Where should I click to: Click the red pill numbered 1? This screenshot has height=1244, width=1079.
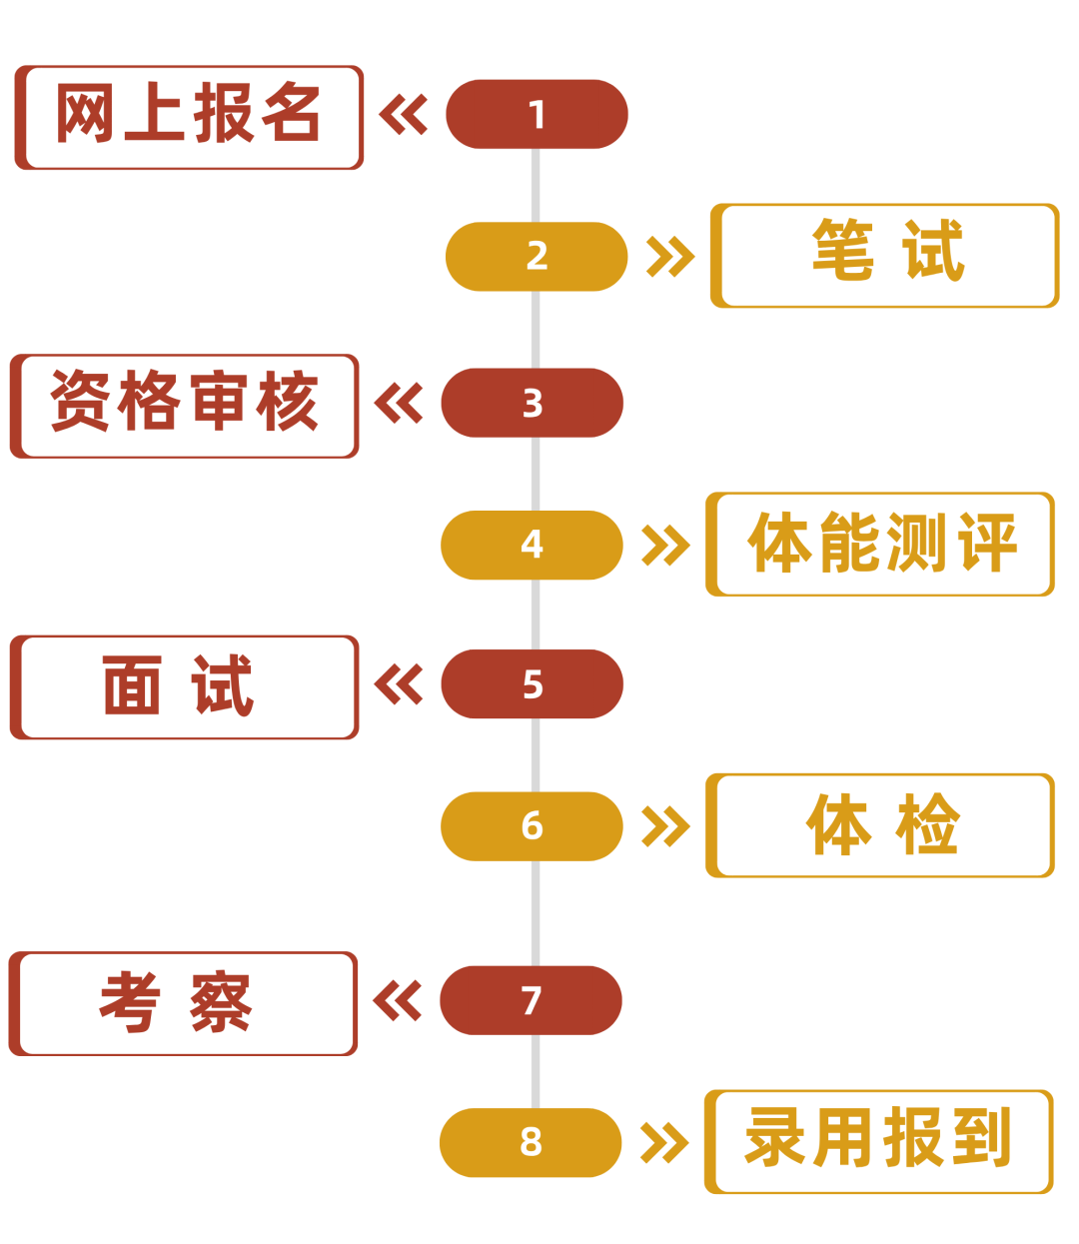point(537,115)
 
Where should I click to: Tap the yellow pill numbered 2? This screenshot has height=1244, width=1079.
point(537,256)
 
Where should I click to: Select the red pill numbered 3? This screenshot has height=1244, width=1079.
point(533,403)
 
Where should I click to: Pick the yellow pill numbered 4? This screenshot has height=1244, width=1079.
point(533,545)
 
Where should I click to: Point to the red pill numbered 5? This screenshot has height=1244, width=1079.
point(533,684)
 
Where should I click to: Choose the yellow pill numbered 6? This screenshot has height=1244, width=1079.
point(533,826)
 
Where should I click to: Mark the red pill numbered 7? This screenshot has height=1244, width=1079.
point(532,1000)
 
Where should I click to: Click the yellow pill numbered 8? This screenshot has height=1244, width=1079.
point(532,1142)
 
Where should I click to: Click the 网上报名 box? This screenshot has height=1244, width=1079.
point(189,117)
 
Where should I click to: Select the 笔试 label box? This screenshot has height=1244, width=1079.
point(884,256)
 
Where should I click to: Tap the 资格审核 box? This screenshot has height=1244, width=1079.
point(185,406)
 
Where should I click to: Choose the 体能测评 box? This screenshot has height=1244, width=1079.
point(880,545)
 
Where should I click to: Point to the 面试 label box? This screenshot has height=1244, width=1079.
point(185,687)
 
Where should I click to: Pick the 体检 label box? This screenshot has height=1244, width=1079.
point(880,826)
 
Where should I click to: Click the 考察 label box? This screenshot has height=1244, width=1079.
point(184,1003)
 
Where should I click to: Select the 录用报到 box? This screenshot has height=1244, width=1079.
point(879,1142)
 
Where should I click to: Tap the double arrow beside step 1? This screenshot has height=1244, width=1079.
point(405,115)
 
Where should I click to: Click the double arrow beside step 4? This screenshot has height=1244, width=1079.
point(664,545)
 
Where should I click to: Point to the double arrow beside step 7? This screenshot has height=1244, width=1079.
point(398,1000)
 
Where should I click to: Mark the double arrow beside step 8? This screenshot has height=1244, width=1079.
point(663,1142)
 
